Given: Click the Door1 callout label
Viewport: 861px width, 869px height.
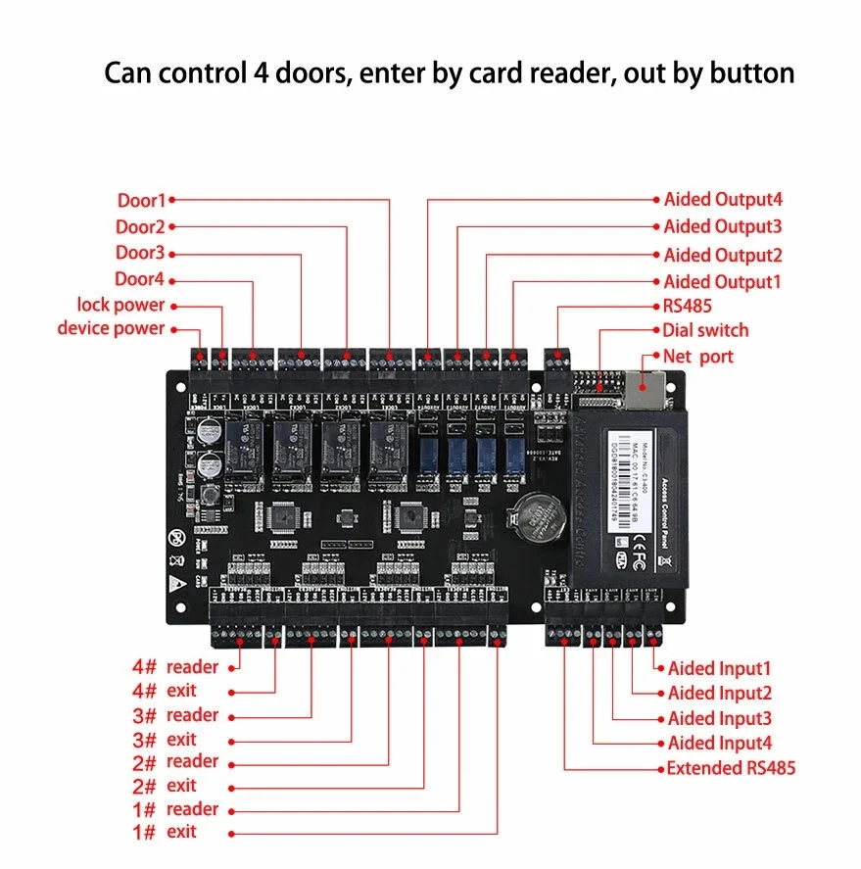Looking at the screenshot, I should [142, 201].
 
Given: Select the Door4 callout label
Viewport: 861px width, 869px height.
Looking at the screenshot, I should [140, 279].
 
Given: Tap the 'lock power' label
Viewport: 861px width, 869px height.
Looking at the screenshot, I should [120, 305].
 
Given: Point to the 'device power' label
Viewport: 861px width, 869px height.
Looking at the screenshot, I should [111, 328].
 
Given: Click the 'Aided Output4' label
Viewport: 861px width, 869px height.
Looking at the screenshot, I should [723, 200].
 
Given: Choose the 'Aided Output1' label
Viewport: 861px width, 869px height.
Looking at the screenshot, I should [723, 282].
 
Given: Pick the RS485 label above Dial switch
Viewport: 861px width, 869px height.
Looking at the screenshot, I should [688, 307].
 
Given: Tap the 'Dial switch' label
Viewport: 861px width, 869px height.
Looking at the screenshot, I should [705, 330].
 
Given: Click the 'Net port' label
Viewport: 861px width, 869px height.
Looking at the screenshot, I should [697, 357].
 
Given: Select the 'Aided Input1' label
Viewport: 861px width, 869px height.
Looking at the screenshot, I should [720, 669].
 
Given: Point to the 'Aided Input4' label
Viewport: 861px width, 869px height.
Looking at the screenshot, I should [720, 744].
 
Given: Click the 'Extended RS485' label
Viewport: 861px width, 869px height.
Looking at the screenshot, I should [731, 768].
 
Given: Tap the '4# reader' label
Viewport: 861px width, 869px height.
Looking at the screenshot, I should [175, 667].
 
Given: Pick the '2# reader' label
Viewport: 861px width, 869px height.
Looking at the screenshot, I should [175, 761].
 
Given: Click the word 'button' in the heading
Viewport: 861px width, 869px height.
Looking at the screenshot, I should [748, 73].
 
